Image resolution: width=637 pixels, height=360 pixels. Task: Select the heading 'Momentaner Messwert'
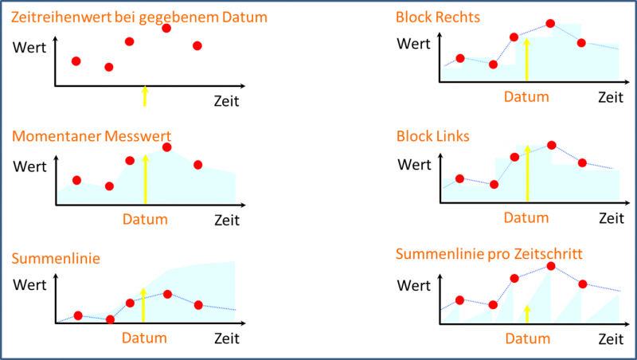tap(92, 136)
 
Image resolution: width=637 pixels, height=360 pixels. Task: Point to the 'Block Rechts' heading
tap(438, 17)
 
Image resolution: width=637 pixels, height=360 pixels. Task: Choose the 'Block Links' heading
tap(433, 136)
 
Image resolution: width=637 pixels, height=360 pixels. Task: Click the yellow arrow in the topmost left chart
tap(144, 96)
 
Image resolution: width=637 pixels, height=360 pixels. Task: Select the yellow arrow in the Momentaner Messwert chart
tap(145, 180)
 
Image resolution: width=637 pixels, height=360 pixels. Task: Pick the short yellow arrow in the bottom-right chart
tap(526, 313)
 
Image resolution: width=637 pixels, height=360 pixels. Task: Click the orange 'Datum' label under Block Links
tap(527, 217)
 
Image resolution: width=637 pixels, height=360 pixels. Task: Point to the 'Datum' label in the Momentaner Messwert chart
tap(145, 220)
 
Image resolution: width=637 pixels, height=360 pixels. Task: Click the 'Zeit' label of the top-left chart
tap(226, 101)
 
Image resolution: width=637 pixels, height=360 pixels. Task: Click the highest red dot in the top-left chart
tap(166, 28)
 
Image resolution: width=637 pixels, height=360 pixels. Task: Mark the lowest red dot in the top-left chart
tap(109, 67)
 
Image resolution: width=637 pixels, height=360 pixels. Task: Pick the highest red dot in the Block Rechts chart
tap(551, 24)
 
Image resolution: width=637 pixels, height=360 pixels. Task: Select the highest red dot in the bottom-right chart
tap(551, 266)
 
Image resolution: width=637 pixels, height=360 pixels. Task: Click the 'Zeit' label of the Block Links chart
tap(611, 217)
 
